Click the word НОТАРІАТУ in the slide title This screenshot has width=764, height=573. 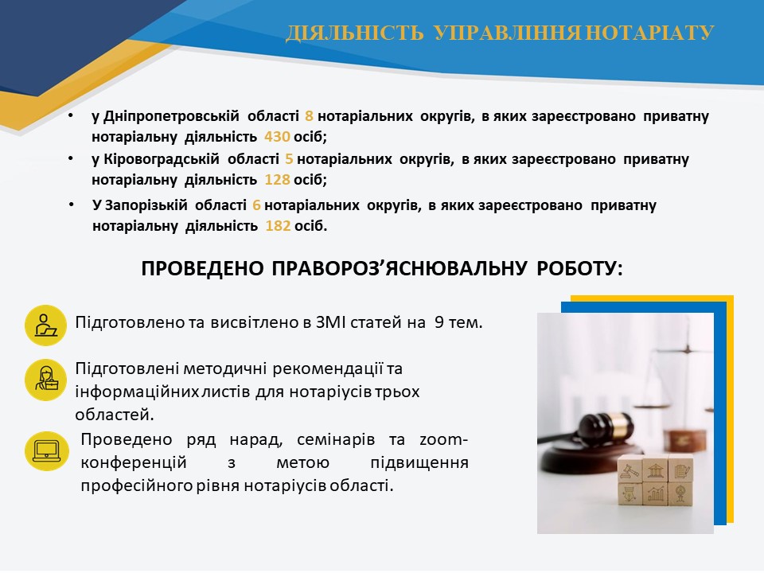[x=649, y=33]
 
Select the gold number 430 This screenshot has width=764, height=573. [x=277, y=137]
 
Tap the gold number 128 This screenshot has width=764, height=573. [x=277, y=180]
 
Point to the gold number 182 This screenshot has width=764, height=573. [x=278, y=226]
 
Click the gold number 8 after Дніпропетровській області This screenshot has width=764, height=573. [x=309, y=116]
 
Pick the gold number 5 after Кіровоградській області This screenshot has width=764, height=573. [x=289, y=159]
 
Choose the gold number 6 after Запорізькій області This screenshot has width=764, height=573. [x=257, y=205]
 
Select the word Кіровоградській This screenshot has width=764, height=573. [x=162, y=159]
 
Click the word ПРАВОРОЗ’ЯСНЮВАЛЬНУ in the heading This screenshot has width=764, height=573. [x=400, y=268]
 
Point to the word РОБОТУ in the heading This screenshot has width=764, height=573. [x=580, y=268]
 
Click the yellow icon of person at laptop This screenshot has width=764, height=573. [x=46, y=325]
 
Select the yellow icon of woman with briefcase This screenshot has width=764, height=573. [x=46, y=380]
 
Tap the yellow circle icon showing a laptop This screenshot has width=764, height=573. [x=47, y=450]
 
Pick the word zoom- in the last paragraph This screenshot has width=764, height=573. [x=443, y=440]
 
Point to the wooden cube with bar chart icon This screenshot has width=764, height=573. [x=655, y=494]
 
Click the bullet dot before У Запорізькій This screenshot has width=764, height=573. [x=71, y=205]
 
